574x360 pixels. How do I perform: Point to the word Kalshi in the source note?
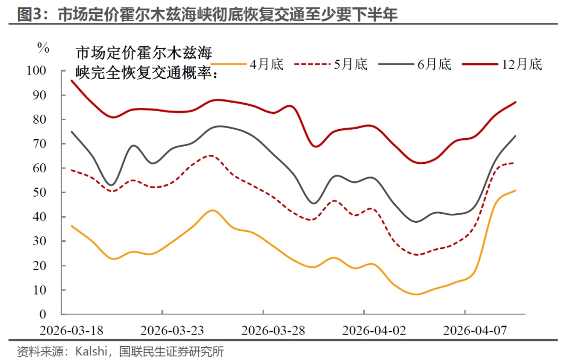tap(91, 351)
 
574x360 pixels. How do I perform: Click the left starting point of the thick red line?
tap(71, 80)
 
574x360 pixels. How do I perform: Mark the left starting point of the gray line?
tap(71, 131)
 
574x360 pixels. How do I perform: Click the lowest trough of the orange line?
tap(417, 294)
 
